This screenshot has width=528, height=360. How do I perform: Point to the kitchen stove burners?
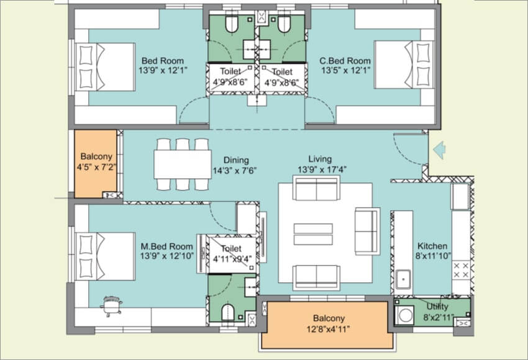pos(462,271)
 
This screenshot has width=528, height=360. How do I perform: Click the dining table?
pos(183,164)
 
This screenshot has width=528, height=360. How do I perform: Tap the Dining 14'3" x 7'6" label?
pos(235,164)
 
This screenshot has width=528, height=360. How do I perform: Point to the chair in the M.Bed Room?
pos(112,305)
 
